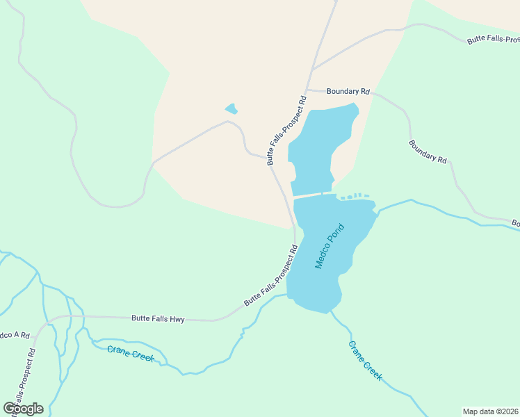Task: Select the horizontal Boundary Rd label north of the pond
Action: click(348, 91)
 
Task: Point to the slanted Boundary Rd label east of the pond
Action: click(427, 151)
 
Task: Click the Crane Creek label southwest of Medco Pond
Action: click(130, 352)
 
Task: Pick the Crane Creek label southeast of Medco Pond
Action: click(365, 360)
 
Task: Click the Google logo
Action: click(23, 409)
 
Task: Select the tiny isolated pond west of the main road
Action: click(231, 108)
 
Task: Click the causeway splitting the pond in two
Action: click(311, 195)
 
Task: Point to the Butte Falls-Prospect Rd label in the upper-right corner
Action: click(493, 39)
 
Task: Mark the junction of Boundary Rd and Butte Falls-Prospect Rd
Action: click(307, 90)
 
